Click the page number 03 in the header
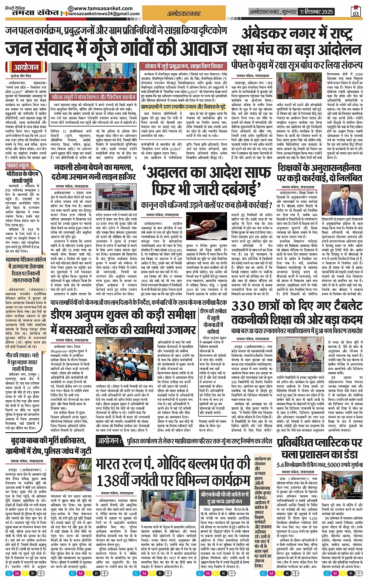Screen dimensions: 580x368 356,14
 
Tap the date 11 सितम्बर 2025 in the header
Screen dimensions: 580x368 316,12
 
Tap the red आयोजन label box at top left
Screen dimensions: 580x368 26,67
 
